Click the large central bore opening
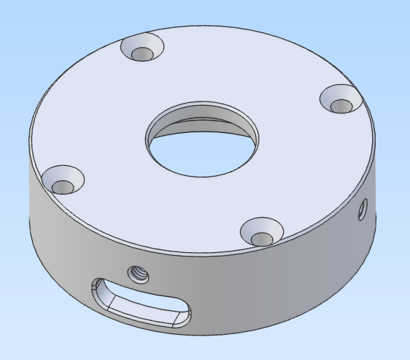[202, 140]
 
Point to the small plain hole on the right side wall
[362, 209]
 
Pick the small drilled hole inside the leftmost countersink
[64, 187]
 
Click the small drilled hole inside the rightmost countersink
[342, 106]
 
